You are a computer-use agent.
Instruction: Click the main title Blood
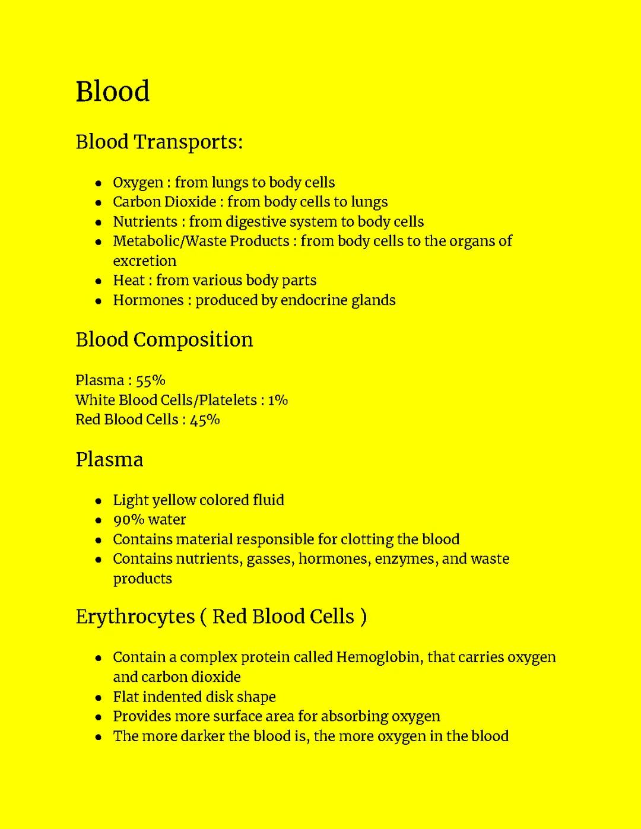tap(112, 91)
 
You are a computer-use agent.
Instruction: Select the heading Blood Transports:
tap(159, 142)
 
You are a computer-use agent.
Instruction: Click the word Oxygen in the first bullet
tap(138, 183)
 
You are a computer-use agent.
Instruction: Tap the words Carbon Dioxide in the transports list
tap(164, 202)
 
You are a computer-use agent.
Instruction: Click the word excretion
tap(144, 261)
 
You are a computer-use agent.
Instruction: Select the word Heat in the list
tap(128, 280)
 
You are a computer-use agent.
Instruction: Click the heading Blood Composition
tap(164, 339)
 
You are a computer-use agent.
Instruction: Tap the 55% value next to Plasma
tap(150, 380)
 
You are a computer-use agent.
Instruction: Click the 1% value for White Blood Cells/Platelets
tap(277, 400)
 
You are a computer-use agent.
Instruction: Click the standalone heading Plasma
tap(109, 459)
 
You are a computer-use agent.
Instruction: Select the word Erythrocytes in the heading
tap(135, 617)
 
